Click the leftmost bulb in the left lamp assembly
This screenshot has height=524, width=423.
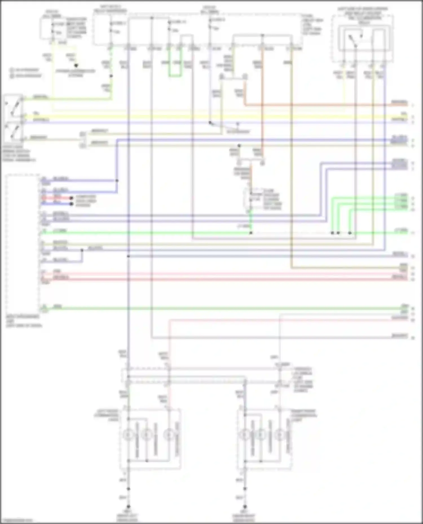128,435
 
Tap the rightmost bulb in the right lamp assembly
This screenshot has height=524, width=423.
279,435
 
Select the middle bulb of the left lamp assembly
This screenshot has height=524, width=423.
146,435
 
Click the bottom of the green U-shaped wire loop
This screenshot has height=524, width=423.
175,76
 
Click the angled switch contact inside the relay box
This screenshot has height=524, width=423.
352,41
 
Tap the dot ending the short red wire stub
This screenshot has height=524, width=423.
71,198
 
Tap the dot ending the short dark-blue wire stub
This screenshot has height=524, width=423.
71,204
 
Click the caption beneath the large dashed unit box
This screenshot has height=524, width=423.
24,321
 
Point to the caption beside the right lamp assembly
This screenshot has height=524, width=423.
304,415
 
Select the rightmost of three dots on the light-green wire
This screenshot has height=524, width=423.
350,233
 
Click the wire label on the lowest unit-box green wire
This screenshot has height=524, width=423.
58,306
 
